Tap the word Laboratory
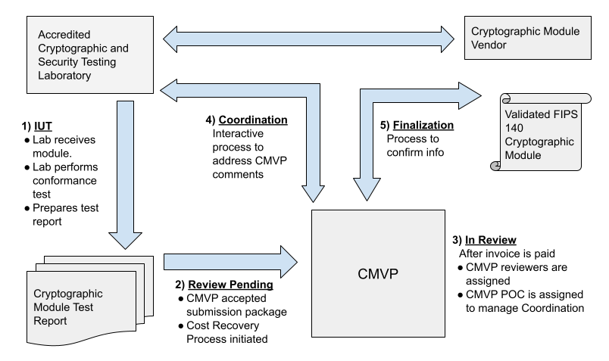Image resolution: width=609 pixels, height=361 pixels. coord(65,76)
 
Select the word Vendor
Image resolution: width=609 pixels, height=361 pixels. coord(489,45)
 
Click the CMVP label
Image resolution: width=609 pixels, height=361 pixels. coord(378,273)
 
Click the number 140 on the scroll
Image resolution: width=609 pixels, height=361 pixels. coord(514,129)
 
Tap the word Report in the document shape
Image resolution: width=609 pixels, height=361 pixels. coord(50,321)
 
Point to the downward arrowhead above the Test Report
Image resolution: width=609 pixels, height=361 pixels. coord(126,239)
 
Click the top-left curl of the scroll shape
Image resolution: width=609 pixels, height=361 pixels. coord(506,99)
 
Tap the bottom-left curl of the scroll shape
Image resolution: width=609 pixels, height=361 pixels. coord(495,166)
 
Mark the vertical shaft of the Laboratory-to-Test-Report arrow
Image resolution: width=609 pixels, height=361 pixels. coord(126,166)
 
